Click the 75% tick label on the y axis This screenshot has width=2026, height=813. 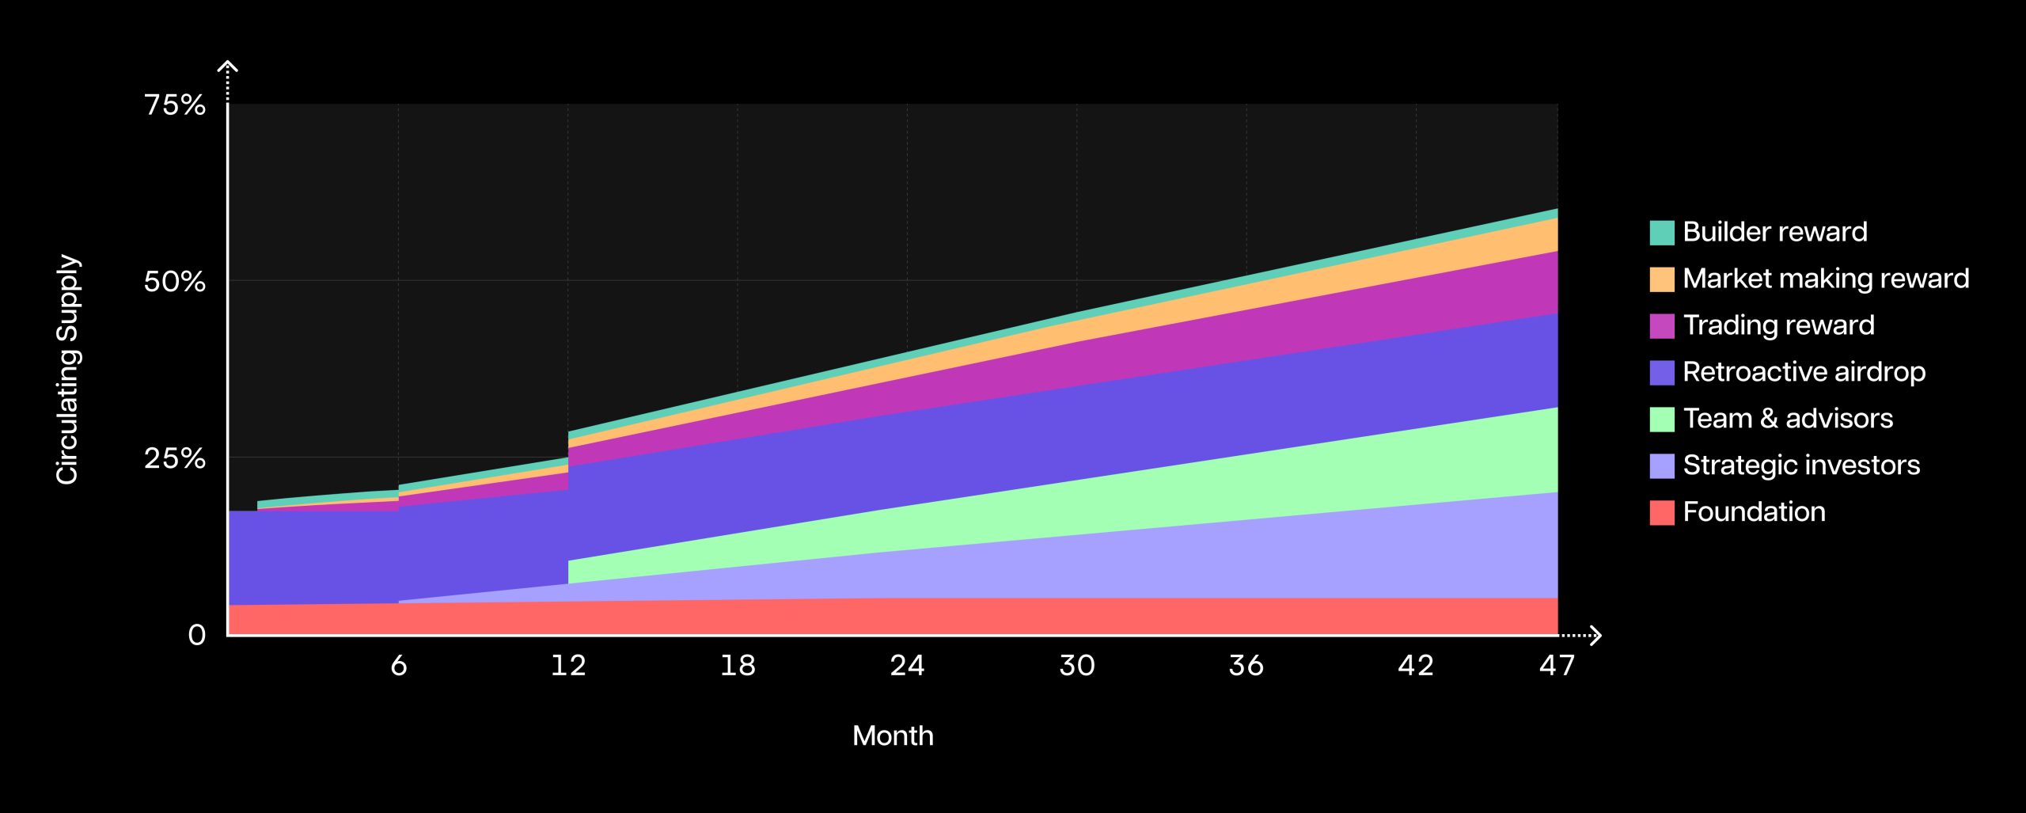[175, 104]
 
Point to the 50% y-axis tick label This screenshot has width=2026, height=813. [175, 281]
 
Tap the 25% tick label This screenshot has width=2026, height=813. [175, 458]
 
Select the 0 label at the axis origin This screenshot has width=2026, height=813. [196, 634]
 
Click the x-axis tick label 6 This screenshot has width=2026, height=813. [399, 665]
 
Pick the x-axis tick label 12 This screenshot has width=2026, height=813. [568, 665]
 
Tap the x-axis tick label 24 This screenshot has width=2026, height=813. [907, 665]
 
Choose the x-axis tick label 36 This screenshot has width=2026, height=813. [1246, 665]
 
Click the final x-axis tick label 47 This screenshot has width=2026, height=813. [1557, 665]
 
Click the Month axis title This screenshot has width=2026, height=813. [893, 735]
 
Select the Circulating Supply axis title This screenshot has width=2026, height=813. [68, 369]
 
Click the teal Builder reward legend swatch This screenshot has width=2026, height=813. [1662, 233]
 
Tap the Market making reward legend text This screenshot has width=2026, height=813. [1826, 278]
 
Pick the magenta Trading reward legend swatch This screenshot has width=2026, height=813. [1662, 326]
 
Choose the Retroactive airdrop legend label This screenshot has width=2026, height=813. [1804, 371]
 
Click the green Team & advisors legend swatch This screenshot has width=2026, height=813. [1662, 420]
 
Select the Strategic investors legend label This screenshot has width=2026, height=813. [1801, 465]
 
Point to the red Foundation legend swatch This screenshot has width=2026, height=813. [1662, 513]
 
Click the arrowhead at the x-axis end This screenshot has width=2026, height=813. [1595, 635]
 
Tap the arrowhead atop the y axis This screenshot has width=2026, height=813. [228, 66]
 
